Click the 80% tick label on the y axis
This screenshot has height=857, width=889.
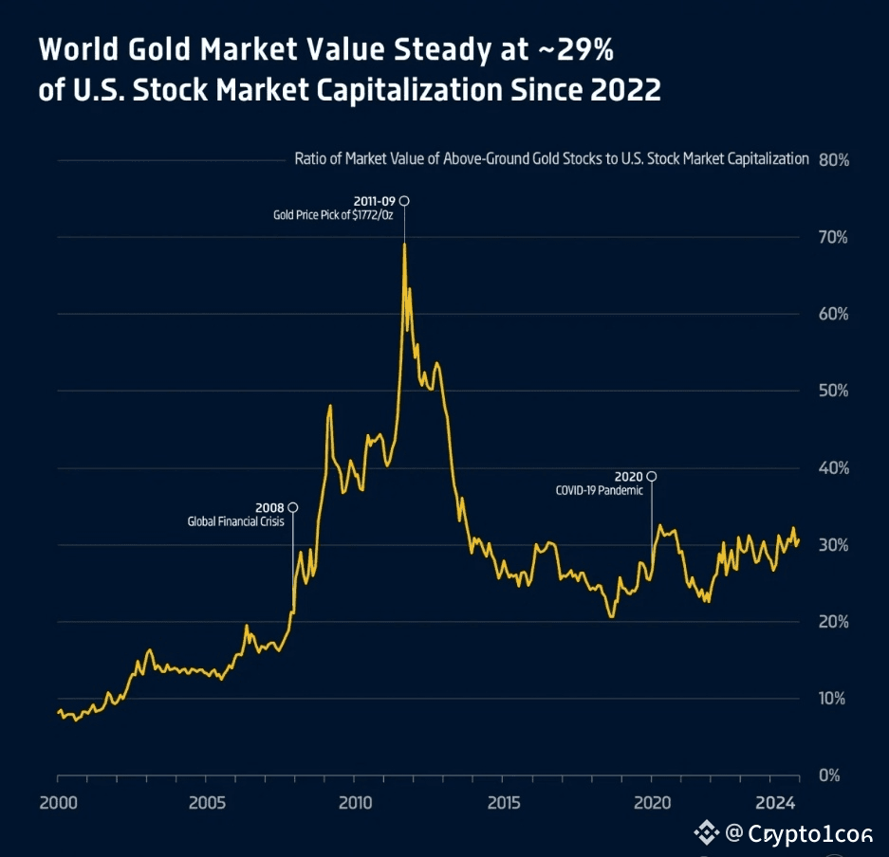point(834,159)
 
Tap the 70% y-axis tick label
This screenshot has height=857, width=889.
point(833,237)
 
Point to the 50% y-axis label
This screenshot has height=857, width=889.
point(833,391)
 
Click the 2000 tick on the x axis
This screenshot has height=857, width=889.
point(58,804)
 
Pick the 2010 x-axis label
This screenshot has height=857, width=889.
point(355,804)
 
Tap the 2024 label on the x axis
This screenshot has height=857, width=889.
point(775,804)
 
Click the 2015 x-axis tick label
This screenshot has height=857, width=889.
point(504,804)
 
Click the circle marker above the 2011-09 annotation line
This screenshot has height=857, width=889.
point(404,201)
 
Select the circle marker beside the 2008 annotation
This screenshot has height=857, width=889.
point(292,507)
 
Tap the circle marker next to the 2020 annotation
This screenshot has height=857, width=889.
point(651,476)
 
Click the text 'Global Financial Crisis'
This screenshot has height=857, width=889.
point(236,521)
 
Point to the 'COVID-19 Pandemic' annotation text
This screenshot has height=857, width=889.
point(600,490)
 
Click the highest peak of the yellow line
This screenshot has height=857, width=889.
point(405,245)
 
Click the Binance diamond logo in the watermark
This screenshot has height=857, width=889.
point(706,833)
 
